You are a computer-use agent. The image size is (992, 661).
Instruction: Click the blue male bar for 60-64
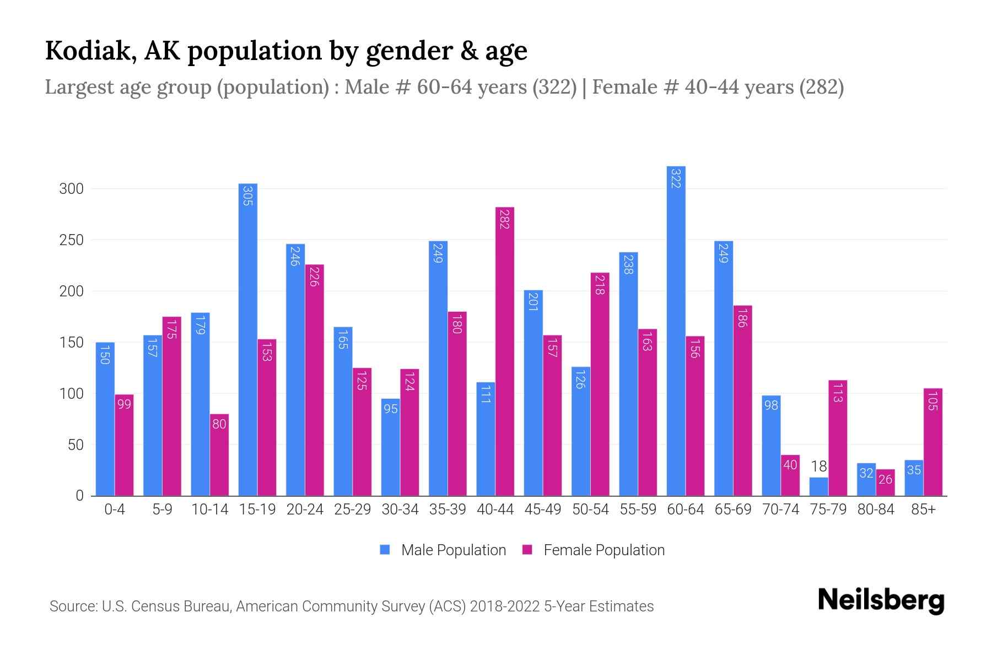tap(676, 330)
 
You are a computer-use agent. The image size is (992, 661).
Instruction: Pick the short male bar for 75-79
tap(818, 486)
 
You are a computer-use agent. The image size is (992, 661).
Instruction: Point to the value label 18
tap(819, 467)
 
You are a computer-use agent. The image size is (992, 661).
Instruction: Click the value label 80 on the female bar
tap(219, 424)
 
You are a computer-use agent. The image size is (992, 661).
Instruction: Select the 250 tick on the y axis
tap(71, 240)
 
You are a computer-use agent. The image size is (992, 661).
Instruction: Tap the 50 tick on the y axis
tap(76, 445)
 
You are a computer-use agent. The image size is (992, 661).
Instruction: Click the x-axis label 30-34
tap(400, 510)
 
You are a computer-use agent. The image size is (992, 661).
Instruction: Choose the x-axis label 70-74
tap(780, 510)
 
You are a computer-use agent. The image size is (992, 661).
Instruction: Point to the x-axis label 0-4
tap(115, 510)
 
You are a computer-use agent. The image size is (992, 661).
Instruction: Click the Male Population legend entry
tap(443, 550)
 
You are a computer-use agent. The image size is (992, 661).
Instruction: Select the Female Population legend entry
tap(594, 550)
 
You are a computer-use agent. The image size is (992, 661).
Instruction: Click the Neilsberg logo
tap(881, 600)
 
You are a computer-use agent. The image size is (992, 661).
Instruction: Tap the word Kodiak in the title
tap(90, 51)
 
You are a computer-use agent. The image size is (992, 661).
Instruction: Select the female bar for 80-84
tap(885, 483)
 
